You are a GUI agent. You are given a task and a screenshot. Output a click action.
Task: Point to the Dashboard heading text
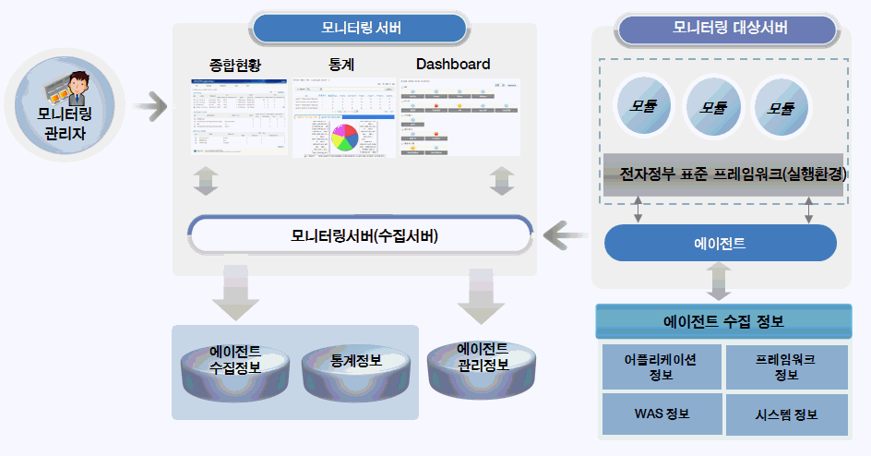[453, 65]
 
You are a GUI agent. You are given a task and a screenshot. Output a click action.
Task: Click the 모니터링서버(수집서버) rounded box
[360, 235]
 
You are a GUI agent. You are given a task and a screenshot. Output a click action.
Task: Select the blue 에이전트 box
[720, 244]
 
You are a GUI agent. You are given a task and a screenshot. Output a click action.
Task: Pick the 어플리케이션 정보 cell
[661, 366]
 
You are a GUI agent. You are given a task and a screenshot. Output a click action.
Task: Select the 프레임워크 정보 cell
[786, 366]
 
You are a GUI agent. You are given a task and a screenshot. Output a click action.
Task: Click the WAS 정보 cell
[661, 413]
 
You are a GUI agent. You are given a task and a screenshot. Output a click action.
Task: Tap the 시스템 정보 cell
[786, 414]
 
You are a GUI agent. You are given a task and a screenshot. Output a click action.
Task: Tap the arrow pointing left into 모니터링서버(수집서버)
[565, 236]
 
